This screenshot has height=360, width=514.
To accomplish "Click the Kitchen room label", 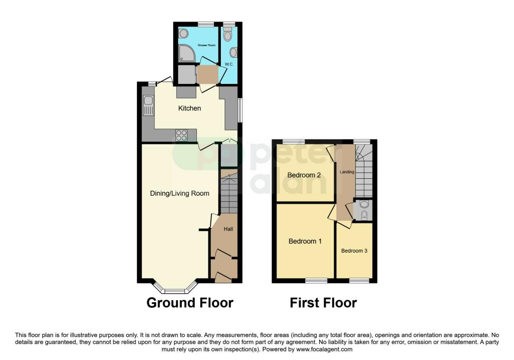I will pyautogui.click(x=190, y=108).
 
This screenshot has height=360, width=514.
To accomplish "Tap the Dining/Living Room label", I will pyautogui.click(x=180, y=193).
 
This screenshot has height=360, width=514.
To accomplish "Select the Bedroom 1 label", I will pyautogui.click(x=305, y=242).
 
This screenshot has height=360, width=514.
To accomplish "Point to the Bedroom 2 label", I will pyautogui.click(x=304, y=175).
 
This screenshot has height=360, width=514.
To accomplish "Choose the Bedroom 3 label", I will pyautogui.click(x=354, y=251).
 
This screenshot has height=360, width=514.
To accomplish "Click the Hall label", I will pyautogui.click(x=228, y=229).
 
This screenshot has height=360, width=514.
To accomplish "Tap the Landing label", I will pyautogui.click(x=347, y=172).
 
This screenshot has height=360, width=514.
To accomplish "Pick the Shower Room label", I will pyautogui.click(x=206, y=45).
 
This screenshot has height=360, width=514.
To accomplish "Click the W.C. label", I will pyautogui.click(x=229, y=64).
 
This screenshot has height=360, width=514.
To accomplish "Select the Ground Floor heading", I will pyautogui.click(x=190, y=303).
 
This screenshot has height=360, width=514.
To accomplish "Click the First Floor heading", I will pyautogui.click(x=323, y=303).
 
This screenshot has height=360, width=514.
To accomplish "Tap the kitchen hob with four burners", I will pyautogui.click(x=181, y=135).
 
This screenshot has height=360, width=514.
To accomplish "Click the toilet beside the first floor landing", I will pyautogui.click(x=363, y=205).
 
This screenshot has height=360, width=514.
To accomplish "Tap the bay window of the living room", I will pyautogui.click(x=175, y=289).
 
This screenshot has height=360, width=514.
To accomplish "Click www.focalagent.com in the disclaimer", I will pyautogui.click(x=325, y=349).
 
